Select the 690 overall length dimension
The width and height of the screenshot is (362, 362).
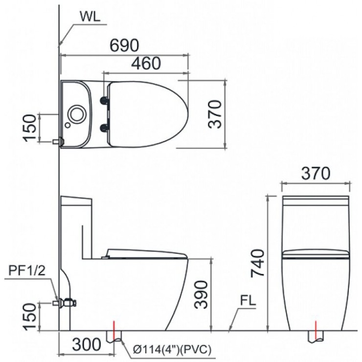[123, 45]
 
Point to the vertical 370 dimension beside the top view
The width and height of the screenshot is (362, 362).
[215, 113]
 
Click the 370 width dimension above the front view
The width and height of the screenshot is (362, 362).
[315, 173]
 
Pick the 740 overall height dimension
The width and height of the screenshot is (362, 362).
[258, 263]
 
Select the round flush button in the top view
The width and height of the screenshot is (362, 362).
[76, 113]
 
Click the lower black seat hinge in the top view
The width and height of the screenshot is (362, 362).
[103, 128]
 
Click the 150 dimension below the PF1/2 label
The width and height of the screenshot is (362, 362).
[30, 316]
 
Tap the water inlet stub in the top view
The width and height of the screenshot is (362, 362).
[57, 141]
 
